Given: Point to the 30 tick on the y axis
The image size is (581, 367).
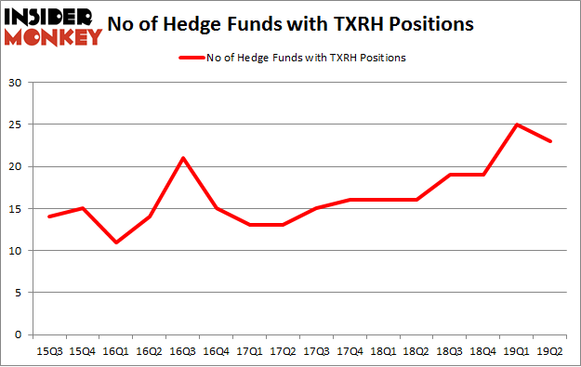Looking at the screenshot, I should pos(15,83).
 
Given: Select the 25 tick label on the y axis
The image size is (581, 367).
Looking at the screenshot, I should pos(15,125).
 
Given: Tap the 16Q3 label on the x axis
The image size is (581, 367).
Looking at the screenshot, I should pos(182,352).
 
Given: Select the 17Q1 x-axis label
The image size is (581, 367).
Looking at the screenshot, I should pos(250,352).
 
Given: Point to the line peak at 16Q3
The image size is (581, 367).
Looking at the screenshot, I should pos(182,158).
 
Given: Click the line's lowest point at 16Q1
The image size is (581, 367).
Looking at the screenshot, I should pos(115,242).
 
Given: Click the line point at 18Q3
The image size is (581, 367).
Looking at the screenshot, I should pos(451,175).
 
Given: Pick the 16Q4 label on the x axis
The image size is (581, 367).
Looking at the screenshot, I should pos(216,352).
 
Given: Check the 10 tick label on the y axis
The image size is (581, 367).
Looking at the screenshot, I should pos(15,251).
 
